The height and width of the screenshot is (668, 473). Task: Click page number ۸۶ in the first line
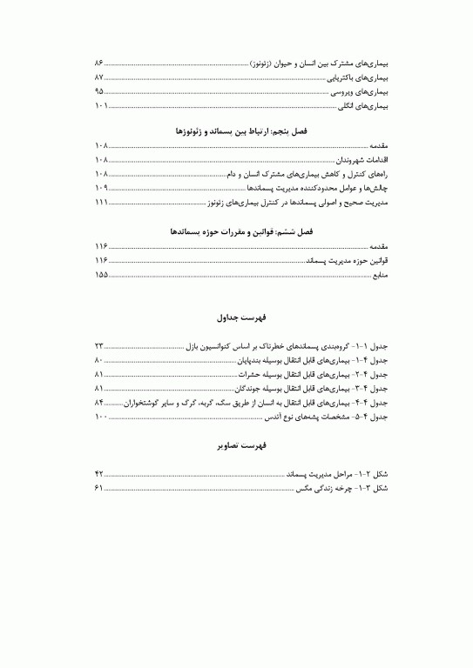(99, 63)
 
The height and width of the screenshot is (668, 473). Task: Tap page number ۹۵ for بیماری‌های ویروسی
(99, 91)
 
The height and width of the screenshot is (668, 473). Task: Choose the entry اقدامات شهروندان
(359, 161)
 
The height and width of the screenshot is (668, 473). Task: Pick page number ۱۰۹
(101, 188)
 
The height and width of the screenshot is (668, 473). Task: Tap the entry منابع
(380, 276)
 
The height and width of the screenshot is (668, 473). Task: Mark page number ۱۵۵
(101, 276)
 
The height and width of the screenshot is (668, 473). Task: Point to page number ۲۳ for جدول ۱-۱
(99, 347)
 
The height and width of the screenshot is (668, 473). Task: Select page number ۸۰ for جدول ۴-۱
(99, 361)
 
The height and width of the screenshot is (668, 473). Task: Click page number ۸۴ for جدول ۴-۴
(99, 403)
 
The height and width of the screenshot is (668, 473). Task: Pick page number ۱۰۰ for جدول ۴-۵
(101, 417)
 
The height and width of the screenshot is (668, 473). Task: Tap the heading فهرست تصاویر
(237, 445)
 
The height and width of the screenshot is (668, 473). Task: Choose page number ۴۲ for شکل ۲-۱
(99, 474)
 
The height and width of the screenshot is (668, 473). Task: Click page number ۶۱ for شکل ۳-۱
(99, 488)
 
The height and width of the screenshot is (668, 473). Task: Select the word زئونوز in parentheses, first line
(264, 63)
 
